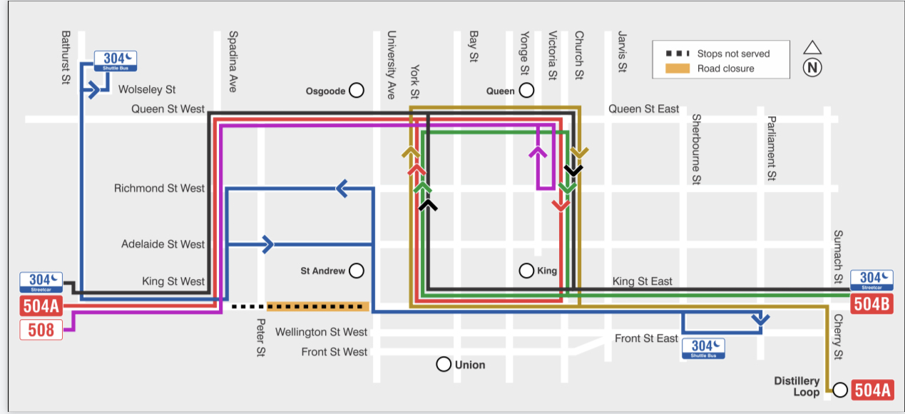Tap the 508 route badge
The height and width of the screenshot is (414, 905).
[x=41, y=330]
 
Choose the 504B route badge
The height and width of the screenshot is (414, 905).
[x=872, y=304]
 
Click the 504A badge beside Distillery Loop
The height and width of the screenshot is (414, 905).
[x=873, y=390]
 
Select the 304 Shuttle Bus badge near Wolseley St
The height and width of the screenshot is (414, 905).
[x=116, y=61]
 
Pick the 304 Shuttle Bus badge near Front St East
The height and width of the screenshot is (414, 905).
[x=703, y=348]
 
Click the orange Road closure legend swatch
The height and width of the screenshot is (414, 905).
[x=678, y=69]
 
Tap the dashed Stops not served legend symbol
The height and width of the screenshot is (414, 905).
[x=678, y=54]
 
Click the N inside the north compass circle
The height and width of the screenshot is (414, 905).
[x=812, y=68]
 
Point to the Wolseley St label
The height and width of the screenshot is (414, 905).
[x=147, y=89]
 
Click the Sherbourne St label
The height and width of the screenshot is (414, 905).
[x=696, y=149]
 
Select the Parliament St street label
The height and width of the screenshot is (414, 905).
[x=772, y=148]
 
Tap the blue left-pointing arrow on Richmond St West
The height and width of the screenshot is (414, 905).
[x=342, y=188]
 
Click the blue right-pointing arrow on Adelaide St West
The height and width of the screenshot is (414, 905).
[x=268, y=244]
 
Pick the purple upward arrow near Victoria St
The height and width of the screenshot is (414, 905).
[x=538, y=153]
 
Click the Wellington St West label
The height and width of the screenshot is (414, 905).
[x=321, y=332]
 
